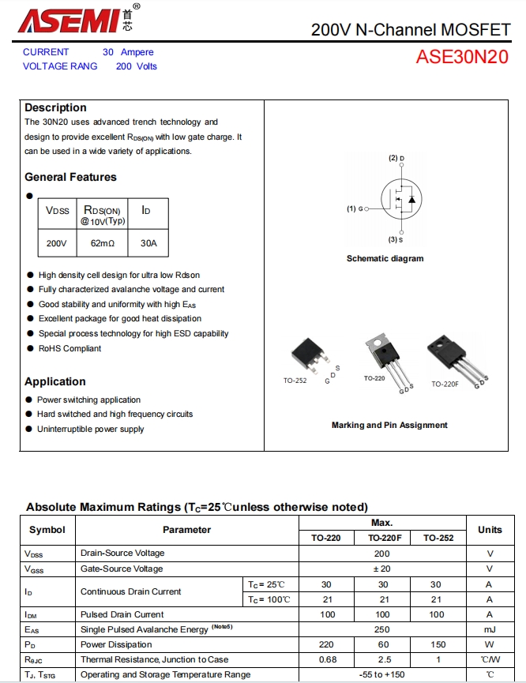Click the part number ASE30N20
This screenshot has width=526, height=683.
462,58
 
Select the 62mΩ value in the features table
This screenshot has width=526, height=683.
103,243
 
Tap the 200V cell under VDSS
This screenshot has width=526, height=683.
57,243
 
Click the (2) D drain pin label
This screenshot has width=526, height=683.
396,159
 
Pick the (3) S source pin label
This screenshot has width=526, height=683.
396,239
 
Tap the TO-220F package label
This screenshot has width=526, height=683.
445,385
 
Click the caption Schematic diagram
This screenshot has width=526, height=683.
385,259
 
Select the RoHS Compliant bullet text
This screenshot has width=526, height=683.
70,348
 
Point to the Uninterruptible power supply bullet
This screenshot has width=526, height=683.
90,430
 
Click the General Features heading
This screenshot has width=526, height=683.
70,178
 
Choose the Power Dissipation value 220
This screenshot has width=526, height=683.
325,644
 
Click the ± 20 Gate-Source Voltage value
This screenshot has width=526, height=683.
382,569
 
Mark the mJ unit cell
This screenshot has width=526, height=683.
490,629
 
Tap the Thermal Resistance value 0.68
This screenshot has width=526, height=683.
325,659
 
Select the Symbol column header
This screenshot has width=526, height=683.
47,530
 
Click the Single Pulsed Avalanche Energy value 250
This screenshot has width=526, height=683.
382,629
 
